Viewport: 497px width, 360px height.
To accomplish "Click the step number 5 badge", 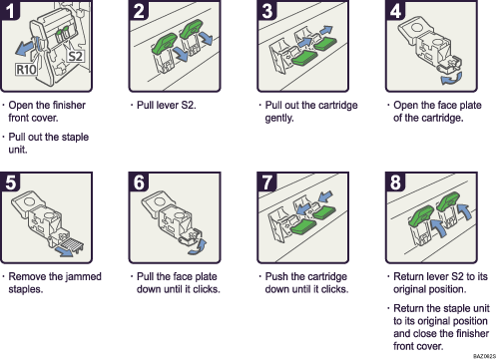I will tap(13, 183).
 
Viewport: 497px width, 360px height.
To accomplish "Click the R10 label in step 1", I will tap(28, 71).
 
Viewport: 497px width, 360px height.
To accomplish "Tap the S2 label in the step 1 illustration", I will tap(75, 56).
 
